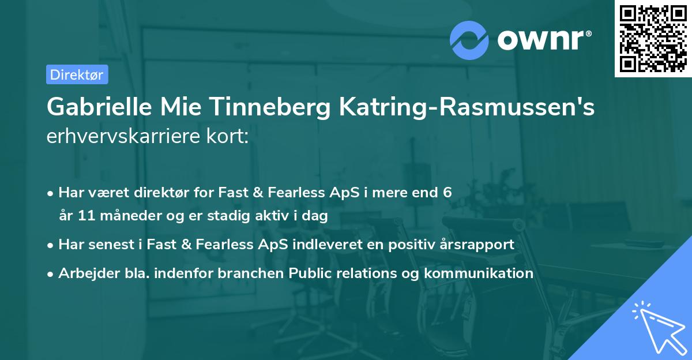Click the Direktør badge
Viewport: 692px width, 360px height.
(77, 74)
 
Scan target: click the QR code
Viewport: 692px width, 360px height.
(652, 38)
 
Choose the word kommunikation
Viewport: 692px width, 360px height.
(478, 273)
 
